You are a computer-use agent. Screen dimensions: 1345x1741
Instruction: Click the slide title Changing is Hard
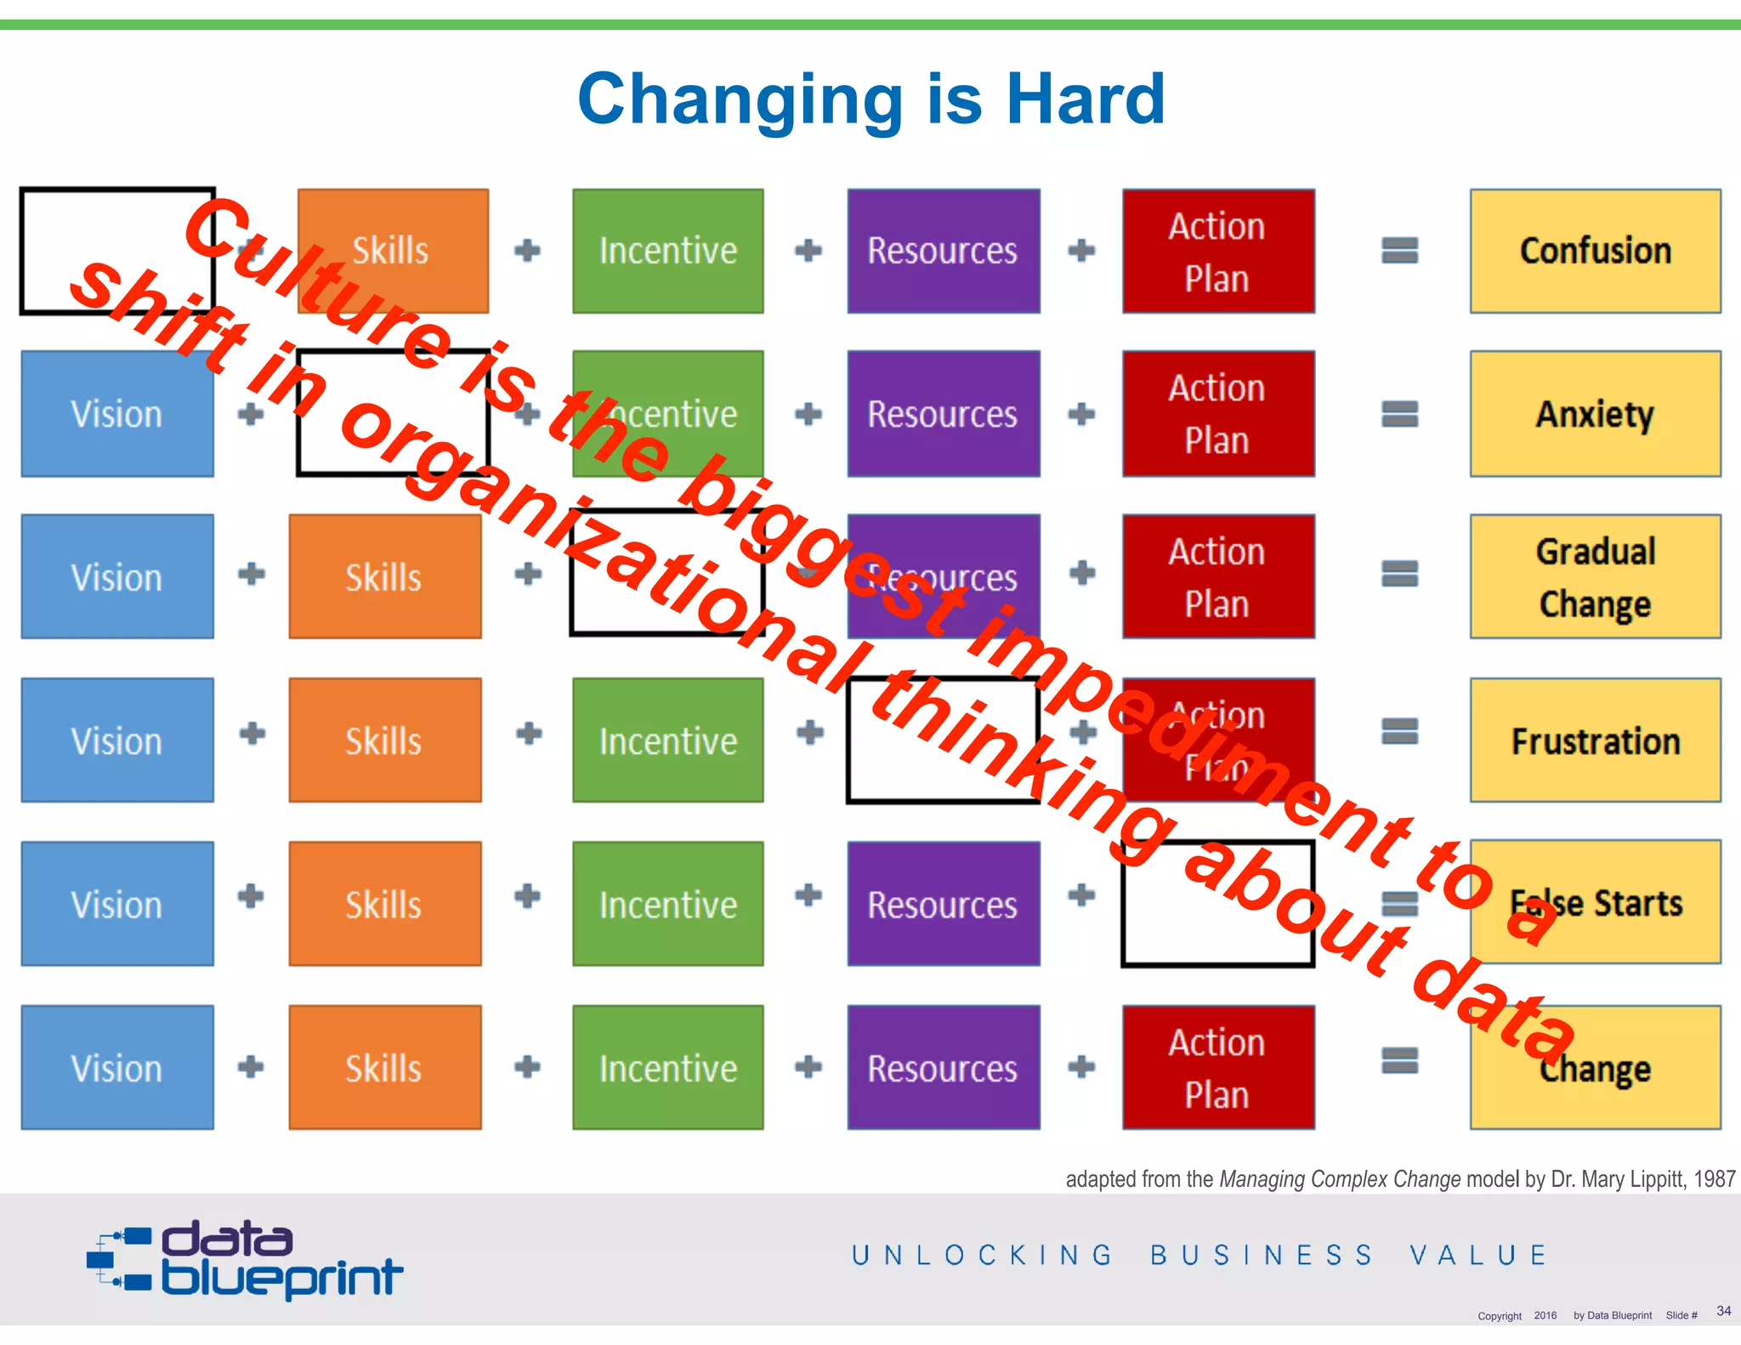point(870,99)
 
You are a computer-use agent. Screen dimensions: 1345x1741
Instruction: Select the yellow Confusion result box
point(1595,251)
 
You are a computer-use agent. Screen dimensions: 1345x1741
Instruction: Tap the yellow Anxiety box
point(1595,414)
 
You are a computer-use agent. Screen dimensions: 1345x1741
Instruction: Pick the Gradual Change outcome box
point(1595,576)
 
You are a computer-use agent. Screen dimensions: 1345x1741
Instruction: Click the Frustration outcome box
point(1595,741)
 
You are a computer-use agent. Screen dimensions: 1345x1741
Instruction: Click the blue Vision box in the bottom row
point(117,1068)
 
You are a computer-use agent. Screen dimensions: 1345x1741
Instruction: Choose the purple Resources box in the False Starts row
point(943,904)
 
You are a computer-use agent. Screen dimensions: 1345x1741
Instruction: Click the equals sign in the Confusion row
point(1399,251)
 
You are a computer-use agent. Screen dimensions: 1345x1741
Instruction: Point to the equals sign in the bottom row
point(1399,1061)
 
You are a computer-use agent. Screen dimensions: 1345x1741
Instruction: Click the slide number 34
point(1723,1311)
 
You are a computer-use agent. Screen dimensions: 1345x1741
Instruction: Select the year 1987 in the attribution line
point(1714,1179)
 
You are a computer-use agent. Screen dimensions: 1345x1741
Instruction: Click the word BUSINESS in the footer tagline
point(1262,1256)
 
